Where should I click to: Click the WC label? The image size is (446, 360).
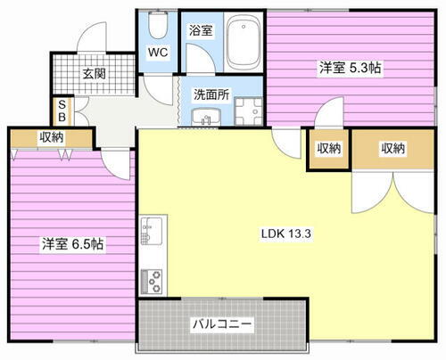(x=159, y=53)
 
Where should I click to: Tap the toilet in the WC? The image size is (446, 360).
(x=159, y=23)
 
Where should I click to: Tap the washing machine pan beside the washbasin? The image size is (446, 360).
(x=245, y=112)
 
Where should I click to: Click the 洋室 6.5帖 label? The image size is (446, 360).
(x=69, y=242)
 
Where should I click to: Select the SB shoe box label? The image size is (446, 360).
(x=61, y=110)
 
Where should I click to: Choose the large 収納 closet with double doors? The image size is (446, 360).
(x=392, y=149)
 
